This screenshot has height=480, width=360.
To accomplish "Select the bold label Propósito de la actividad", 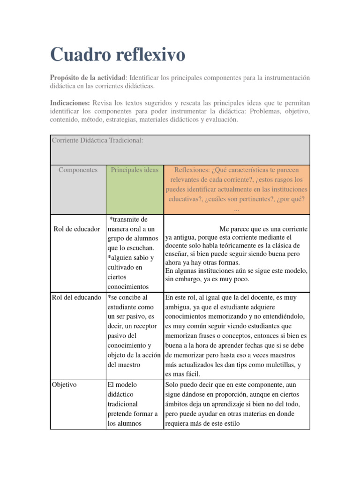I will (x=88, y=77).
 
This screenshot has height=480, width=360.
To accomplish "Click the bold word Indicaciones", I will (x=70, y=103).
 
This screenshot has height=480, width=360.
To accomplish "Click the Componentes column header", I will (x=78, y=170).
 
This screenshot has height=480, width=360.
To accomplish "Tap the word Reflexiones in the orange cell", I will (x=191, y=170).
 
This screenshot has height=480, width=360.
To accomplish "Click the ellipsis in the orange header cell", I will (x=236, y=210).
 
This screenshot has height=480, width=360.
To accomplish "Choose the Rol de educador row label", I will (x=77, y=229).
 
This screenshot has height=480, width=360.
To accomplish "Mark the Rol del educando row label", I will (x=77, y=297).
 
